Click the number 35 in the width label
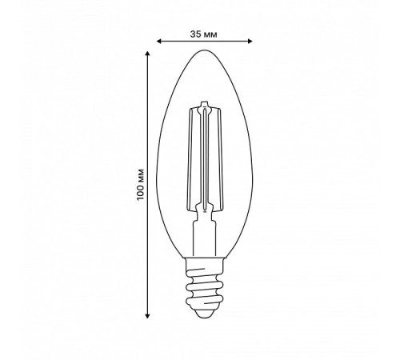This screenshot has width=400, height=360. [195, 34]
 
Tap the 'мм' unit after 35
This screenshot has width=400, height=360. [210, 35]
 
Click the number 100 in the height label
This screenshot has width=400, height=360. [140, 191]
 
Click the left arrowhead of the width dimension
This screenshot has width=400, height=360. [158, 41]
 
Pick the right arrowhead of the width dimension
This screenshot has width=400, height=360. [250, 41]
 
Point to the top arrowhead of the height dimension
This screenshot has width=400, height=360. [147, 54]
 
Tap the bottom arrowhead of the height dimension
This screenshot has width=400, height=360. [147, 316]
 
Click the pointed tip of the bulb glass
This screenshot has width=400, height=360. [204, 50]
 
